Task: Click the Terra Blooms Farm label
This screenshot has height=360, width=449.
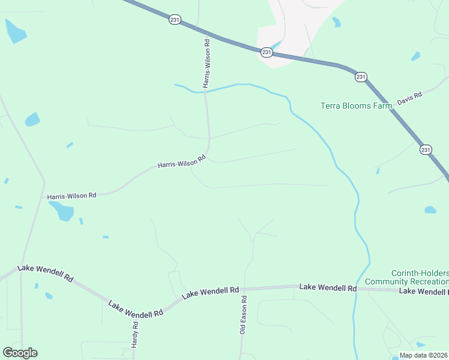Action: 356,106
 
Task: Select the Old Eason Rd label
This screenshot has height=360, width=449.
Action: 243,314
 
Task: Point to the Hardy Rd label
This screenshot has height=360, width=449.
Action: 136,332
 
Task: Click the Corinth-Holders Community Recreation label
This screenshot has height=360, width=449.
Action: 420,277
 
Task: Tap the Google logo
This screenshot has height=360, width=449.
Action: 20,353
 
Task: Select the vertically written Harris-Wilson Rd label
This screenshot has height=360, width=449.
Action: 206,64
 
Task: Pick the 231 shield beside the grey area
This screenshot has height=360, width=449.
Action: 267,53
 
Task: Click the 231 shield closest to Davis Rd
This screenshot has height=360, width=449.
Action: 361,77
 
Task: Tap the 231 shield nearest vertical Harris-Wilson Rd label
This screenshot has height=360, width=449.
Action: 174,19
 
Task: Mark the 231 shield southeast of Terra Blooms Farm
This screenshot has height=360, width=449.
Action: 426,150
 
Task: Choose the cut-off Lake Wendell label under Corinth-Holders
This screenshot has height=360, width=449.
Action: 424,291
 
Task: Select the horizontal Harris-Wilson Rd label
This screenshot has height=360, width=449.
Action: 72,196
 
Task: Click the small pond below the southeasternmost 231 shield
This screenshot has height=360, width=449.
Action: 430,210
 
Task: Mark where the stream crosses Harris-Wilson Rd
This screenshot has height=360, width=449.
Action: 206,91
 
